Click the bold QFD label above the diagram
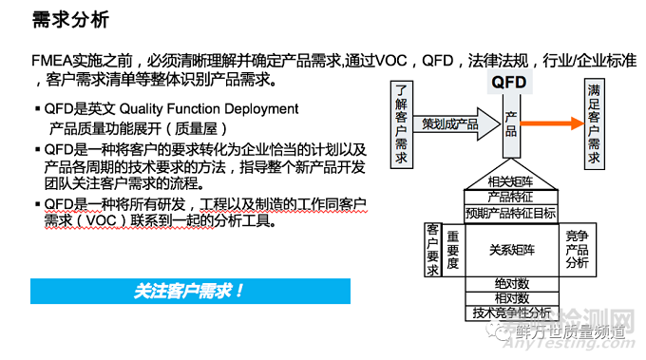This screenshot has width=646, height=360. coord(509,83)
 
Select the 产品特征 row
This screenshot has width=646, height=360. coord(510,196)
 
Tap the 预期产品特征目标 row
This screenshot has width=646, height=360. coord(510,212)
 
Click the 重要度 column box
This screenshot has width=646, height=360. coord(453,249)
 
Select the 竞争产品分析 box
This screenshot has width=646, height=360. coord(577,249)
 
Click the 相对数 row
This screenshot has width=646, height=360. coord(510,298)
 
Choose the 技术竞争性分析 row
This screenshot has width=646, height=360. coord(510,313)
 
